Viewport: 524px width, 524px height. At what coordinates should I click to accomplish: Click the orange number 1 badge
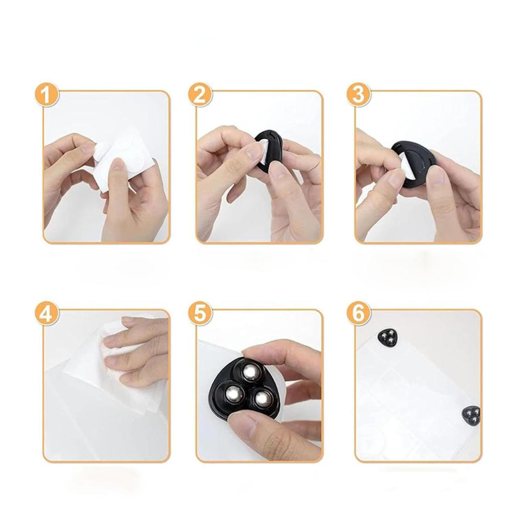47,95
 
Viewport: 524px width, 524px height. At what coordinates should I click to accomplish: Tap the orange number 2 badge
200,95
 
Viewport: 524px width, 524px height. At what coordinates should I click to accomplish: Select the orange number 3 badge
358,95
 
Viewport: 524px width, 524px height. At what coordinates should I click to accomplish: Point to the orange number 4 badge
47,314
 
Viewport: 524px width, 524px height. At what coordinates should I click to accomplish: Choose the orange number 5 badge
200,314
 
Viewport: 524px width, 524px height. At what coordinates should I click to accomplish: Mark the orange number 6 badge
358,314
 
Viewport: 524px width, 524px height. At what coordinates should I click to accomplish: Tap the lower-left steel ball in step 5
233,394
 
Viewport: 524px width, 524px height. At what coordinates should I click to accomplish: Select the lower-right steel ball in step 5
261,398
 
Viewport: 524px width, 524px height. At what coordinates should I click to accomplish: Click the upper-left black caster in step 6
387,337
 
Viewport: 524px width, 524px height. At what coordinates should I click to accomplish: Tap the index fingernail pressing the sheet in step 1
117,164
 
